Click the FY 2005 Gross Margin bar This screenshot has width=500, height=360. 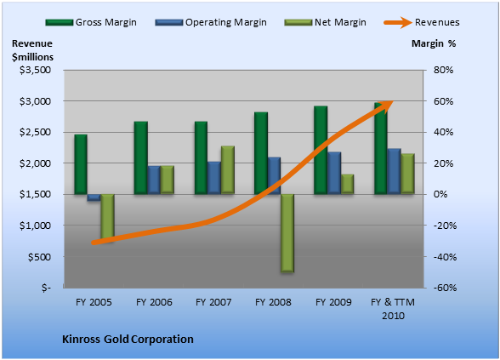tap(81, 164)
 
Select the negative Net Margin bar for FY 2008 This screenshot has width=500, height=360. tap(287, 233)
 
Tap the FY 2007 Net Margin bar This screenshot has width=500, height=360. tap(228, 170)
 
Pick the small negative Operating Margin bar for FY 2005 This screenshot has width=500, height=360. tap(94, 197)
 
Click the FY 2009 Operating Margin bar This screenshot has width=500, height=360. tap(334, 173)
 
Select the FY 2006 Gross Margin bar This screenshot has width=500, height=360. tap(140, 157)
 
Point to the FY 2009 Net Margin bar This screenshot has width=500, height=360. tap(348, 184)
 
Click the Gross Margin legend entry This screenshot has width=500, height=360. tap(91, 22)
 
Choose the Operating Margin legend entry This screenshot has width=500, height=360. tap(211, 22)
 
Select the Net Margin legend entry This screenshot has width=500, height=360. tap(325, 22)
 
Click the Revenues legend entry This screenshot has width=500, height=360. tap(422, 22)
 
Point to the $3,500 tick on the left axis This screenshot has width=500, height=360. tap(36, 70)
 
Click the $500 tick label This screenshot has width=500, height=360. tap(39, 257)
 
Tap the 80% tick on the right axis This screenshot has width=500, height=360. tap(443, 70)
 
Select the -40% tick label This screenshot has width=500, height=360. tap(446, 257)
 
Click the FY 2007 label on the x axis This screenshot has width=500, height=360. tap(213, 302)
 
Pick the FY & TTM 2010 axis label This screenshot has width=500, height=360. tap(393, 309)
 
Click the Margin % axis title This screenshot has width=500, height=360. tap(434, 43)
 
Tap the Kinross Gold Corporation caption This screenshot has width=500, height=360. tap(128, 339)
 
